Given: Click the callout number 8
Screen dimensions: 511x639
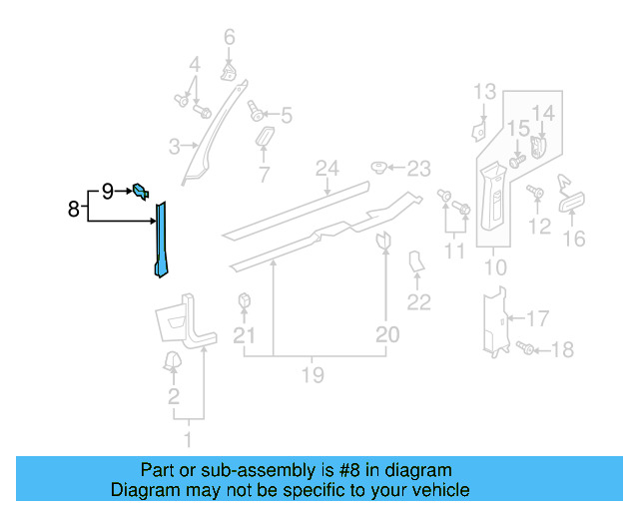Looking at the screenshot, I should pyautogui.click(x=73, y=210).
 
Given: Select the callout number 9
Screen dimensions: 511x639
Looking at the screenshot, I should pyautogui.click(x=107, y=190).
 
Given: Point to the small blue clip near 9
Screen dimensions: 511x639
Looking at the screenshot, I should pyautogui.click(x=141, y=190).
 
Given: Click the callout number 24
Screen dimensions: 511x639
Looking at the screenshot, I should pyautogui.click(x=328, y=167).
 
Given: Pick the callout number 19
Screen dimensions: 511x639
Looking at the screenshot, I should pyautogui.click(x=313, y=375).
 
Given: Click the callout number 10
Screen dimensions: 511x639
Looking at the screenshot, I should pyautogui.click(x=495, y=268).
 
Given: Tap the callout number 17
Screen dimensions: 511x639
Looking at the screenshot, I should pyautogui.click(x=537, y=319).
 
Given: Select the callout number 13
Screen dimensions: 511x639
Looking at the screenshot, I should pyautogui.click(x=484, y=93).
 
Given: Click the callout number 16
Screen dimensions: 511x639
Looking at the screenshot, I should pyautogui.click(x=575, y=239).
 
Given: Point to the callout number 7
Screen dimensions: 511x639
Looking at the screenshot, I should pyautogui.click(x=265, y=176).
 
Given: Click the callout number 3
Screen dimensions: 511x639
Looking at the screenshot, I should pyautogui.click(x=174, y=148).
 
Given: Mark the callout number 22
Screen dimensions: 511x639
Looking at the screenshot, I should pyautogui.click(x=419, y=302).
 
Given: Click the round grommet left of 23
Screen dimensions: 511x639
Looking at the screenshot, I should pyautogui.click(x=380, y=167).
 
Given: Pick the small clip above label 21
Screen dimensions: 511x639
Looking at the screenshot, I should pyautogui.click(x=244, y=300).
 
